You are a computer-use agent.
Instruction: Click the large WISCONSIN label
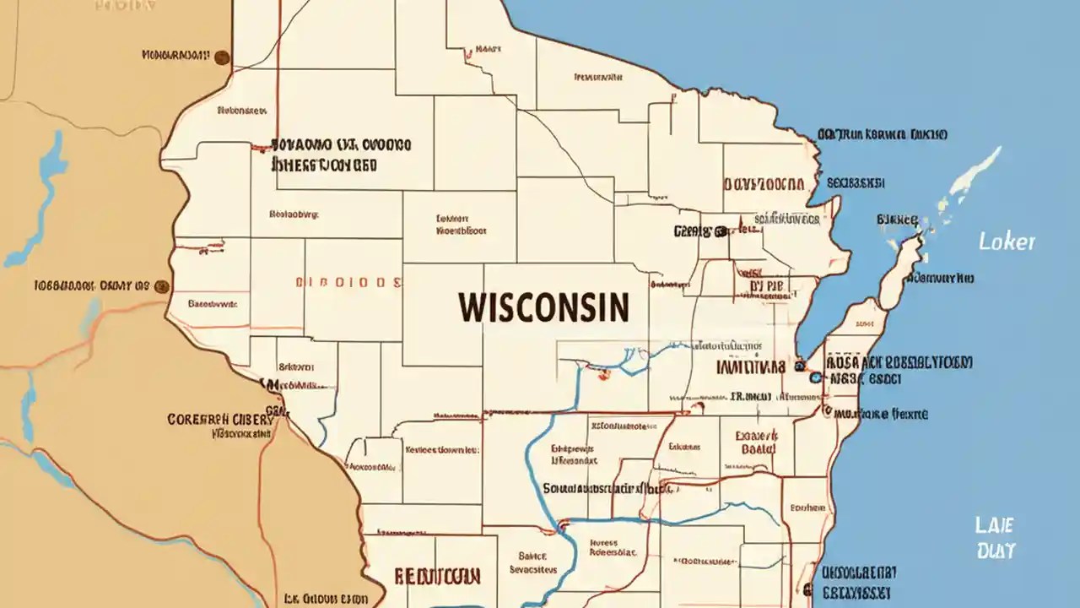pyautogui.click(x=544, y=307)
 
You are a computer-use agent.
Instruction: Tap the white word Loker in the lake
pyautogui.click(x=1006, y=242)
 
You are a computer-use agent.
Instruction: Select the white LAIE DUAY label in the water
pyautogui.click(x=995, y=538)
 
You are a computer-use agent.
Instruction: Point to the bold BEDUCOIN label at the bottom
pyautogui.click(x=437, y=577)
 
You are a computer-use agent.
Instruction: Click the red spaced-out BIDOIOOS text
pyautogui.click(x=347, y=282)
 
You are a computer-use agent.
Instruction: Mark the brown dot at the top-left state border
pyautogui.click(x=222, y=57)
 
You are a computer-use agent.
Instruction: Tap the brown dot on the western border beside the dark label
pyautogui.click(x=162, y=286)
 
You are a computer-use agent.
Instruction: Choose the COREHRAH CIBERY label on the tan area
pyautogui.click(x=220, y=419)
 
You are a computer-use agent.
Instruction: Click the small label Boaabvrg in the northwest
pyautogui.click(x=294, y=214)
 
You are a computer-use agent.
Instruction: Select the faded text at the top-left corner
pyautogui.click(x=125, y=5)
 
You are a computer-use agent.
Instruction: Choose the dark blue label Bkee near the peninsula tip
pyautogui.click(x=897, y=220)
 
